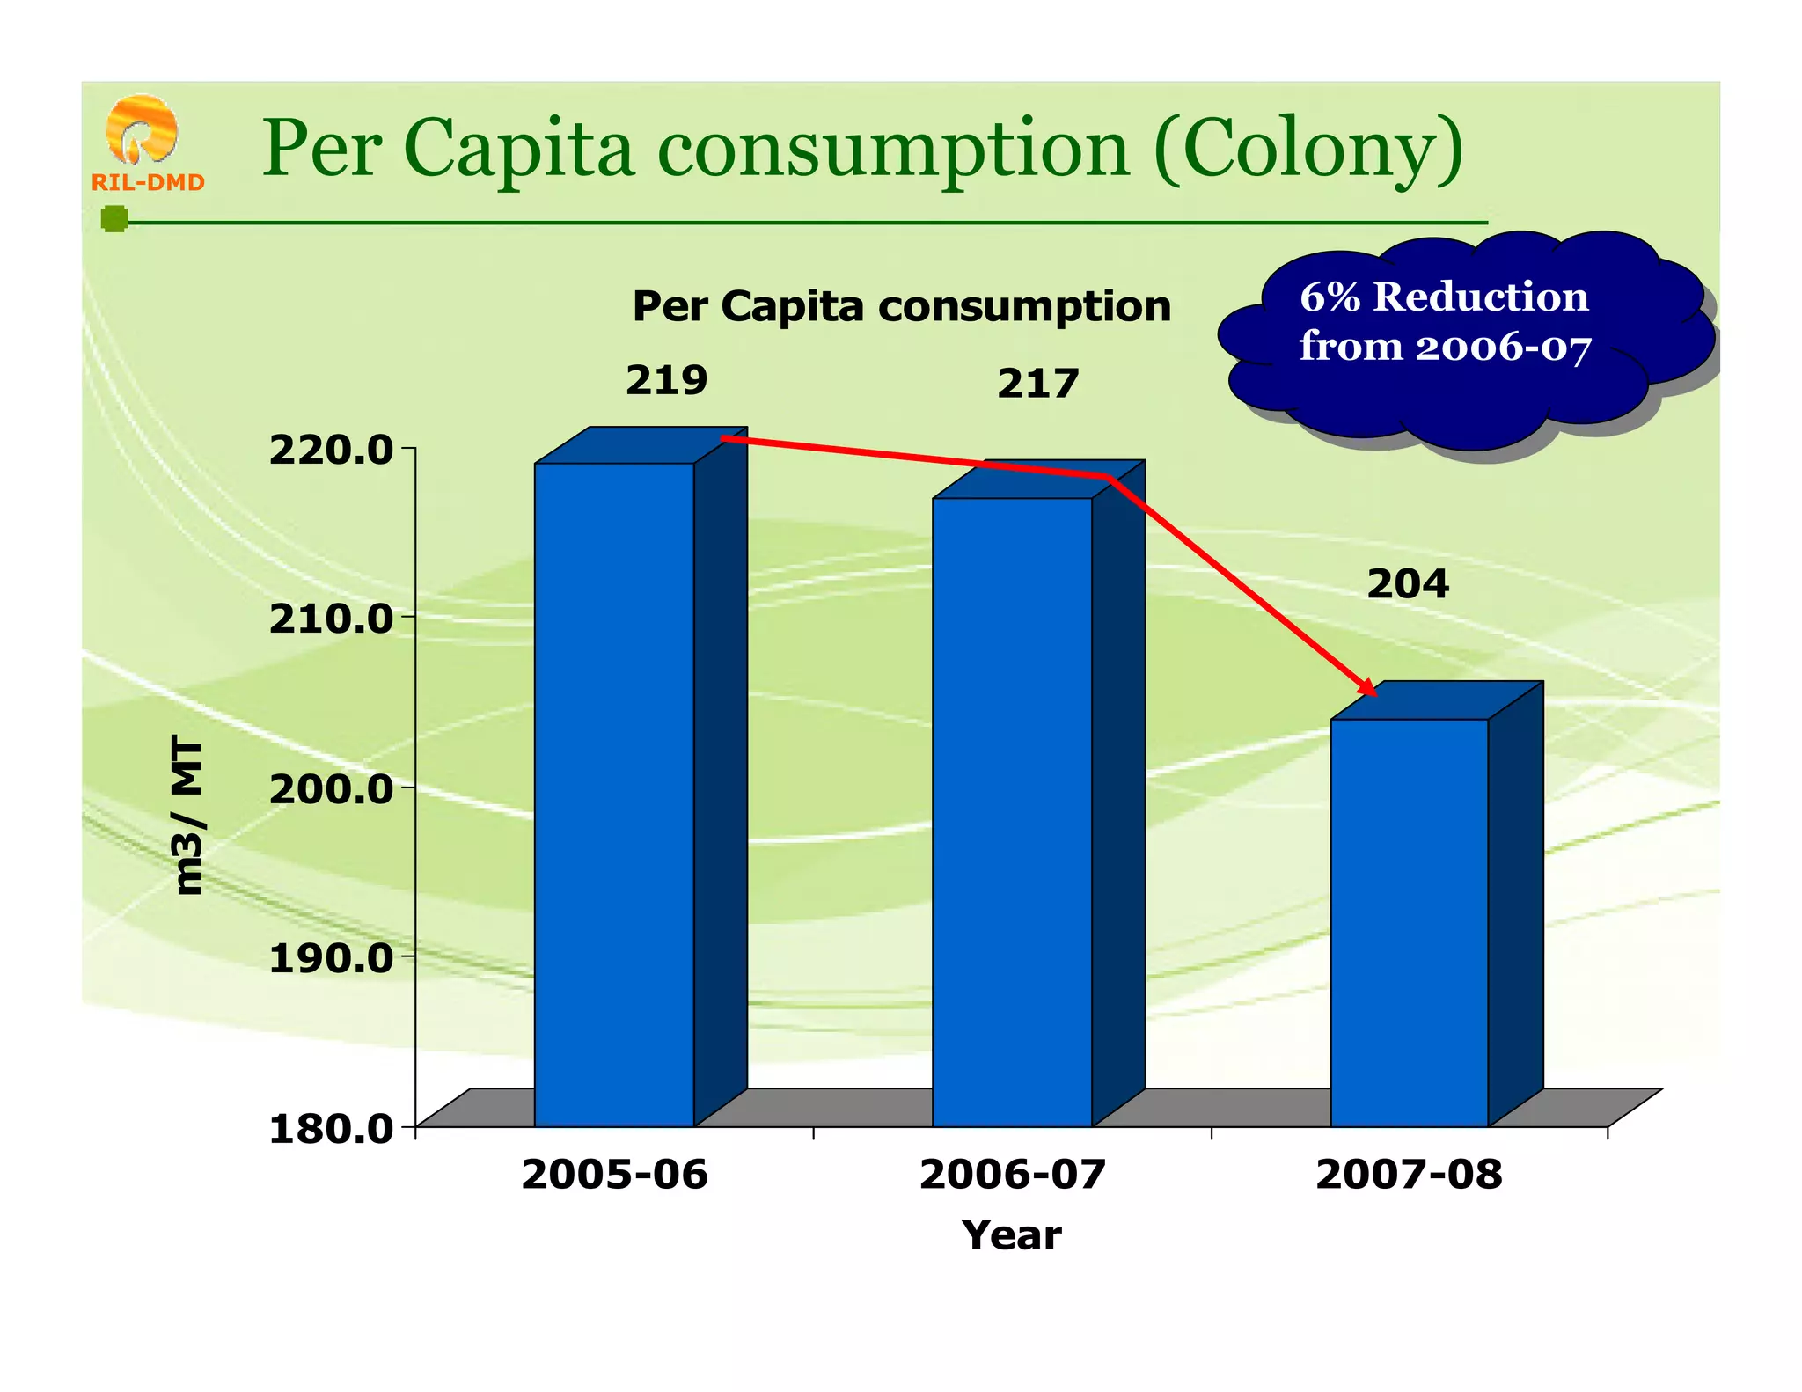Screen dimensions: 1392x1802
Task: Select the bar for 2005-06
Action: click(614, 792)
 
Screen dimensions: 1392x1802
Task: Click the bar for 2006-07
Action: click(1012, 810)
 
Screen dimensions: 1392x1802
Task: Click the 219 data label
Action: click(666, 380)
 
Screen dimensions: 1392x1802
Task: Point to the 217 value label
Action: click(1037, 384)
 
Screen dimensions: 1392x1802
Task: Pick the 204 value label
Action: click(1407, 584)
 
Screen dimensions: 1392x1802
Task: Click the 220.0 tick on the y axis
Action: click(331, 451)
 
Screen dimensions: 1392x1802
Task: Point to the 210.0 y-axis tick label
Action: click(331, 619)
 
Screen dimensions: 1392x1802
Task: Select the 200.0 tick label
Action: click(331, 789)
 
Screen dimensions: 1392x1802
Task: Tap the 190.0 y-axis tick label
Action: click(331, 958)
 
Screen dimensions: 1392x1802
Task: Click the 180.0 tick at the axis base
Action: click(331, 1129)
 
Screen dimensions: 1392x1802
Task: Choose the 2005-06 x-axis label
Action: click(614, 1175)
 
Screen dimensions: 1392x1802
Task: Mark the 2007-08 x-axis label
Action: click(1409, 1175)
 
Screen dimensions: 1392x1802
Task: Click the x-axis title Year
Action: click(1012, 1235)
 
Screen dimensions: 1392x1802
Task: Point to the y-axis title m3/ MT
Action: click(188, 816)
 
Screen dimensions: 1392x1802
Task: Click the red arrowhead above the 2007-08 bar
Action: click(1367, 687)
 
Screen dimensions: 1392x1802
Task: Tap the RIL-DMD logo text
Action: click(148, 182)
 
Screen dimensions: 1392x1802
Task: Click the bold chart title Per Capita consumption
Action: click(902, 306)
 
